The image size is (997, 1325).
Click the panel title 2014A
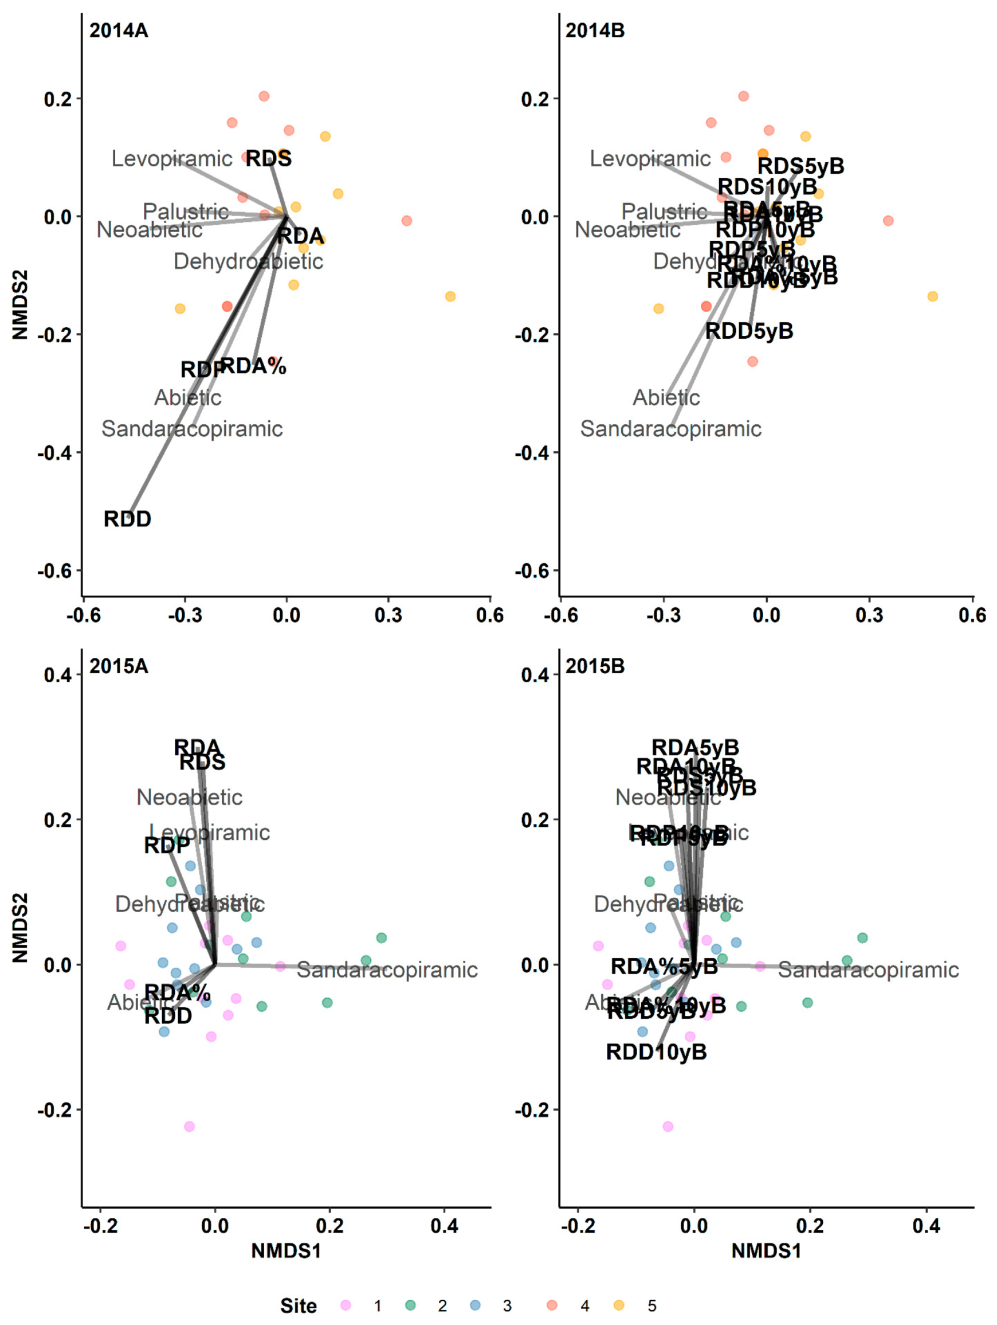click(x=119, y=30)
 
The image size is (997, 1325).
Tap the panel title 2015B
click(x=595, y=666)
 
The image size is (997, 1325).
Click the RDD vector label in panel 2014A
click(x=128, y=519)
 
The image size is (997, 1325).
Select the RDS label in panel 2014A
click(x=269, y=159)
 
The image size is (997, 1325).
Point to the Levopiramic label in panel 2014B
click(x=650, y=159)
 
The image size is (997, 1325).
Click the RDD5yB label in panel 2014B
click(x=749, y=331)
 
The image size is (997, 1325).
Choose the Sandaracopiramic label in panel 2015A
click(x=387, y=970)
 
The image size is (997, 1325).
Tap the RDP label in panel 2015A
click(x=167, y=845)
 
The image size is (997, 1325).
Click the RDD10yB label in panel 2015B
click(x=656, y=1052)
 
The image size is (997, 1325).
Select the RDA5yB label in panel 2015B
click(x=695, y=748)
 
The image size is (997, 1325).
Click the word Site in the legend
click(x=298, y=1306)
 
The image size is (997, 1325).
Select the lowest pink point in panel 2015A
click(x=189, y=1127)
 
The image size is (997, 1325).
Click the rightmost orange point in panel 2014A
click(x=450, y=296)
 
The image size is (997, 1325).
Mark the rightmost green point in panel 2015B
click(x=862, y=938)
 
